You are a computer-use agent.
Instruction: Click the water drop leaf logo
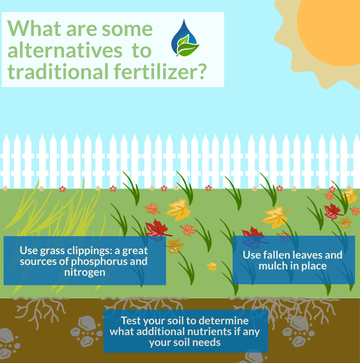point(184,38)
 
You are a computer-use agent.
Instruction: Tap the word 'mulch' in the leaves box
point(275,266)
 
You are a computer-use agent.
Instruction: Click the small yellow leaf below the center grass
point(212,266)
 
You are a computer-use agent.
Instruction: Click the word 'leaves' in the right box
point(306,255)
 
